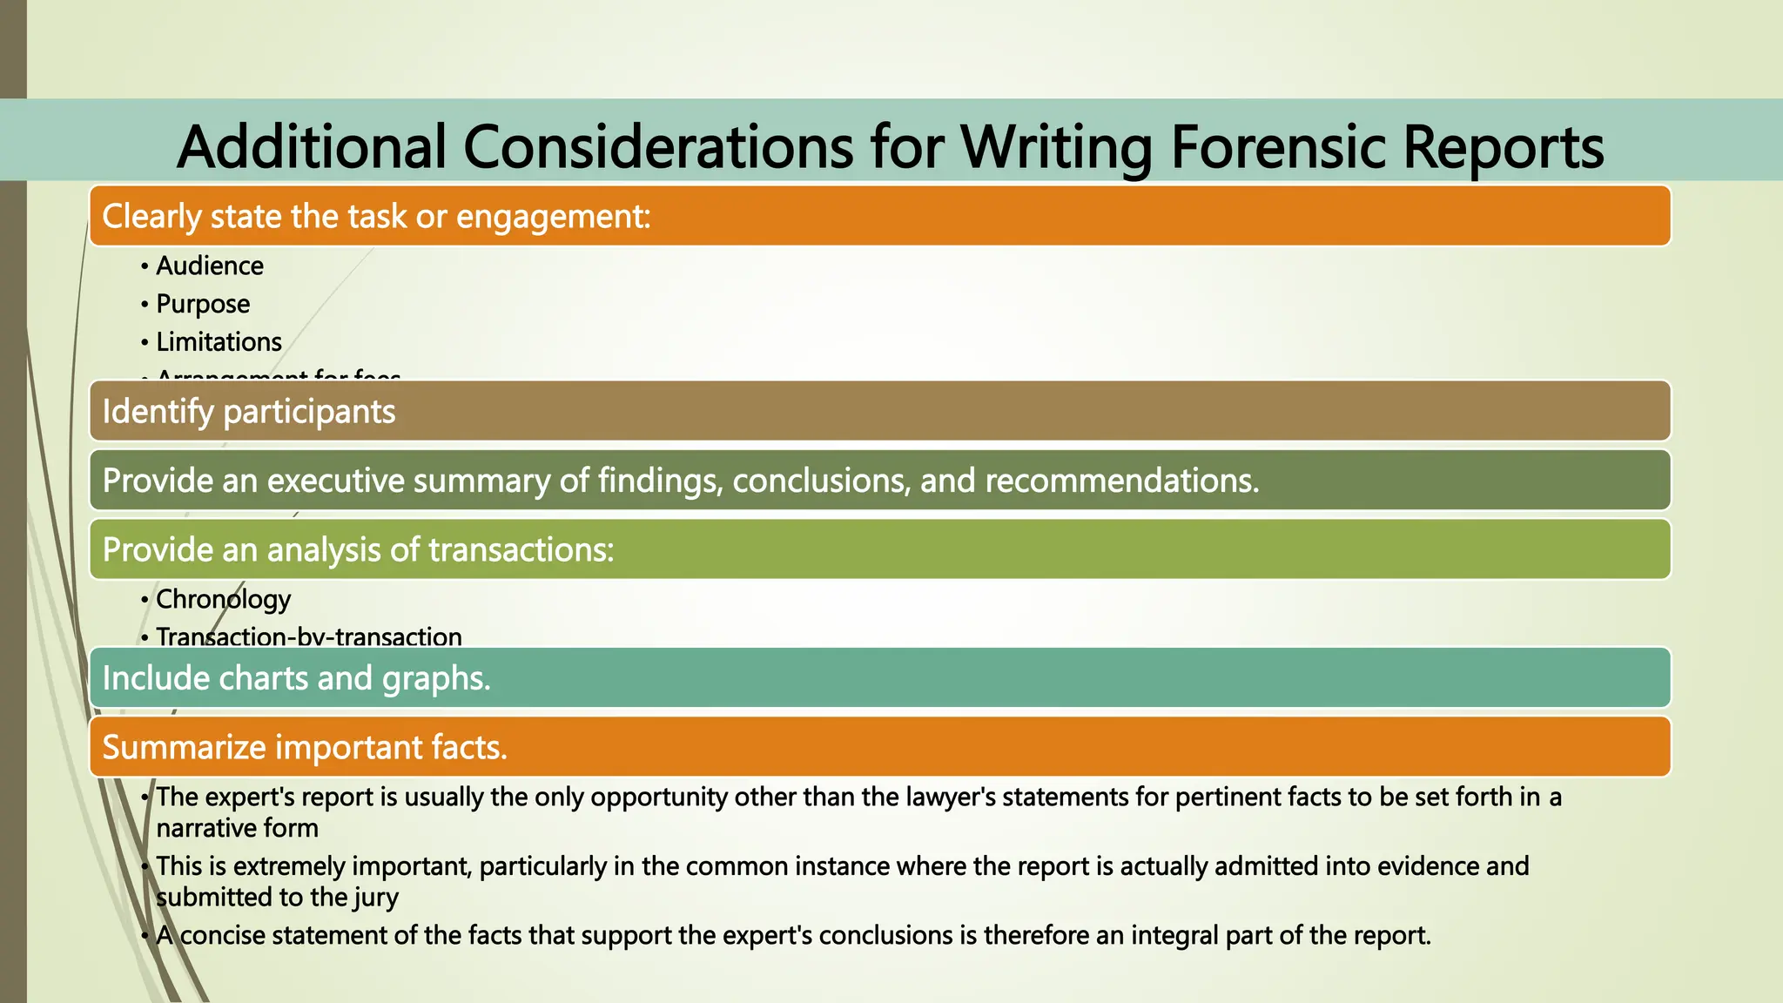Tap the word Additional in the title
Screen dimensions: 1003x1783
pyautogui.click(x=313, y=146)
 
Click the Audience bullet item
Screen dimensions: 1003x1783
pyautogui.click(x=209, y=266)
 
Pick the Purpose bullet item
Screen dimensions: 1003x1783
pyautogui.click(x=203, y=304)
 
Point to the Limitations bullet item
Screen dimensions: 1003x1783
pyautogui.click(x=219, y=342)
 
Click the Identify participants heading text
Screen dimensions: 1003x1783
pyautogui.click(x=249, y=411)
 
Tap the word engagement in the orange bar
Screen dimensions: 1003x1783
pyautogui.click(x=553, y=216)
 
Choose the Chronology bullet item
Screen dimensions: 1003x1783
pyautogui.click(x=223, y=599)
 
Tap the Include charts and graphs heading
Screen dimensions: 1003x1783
pyautogui.click(x=297, y=678)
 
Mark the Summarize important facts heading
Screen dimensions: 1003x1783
pyautogui.click(x=305, y=747)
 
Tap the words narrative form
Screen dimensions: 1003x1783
pyautogui.click(x=237, y=828)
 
